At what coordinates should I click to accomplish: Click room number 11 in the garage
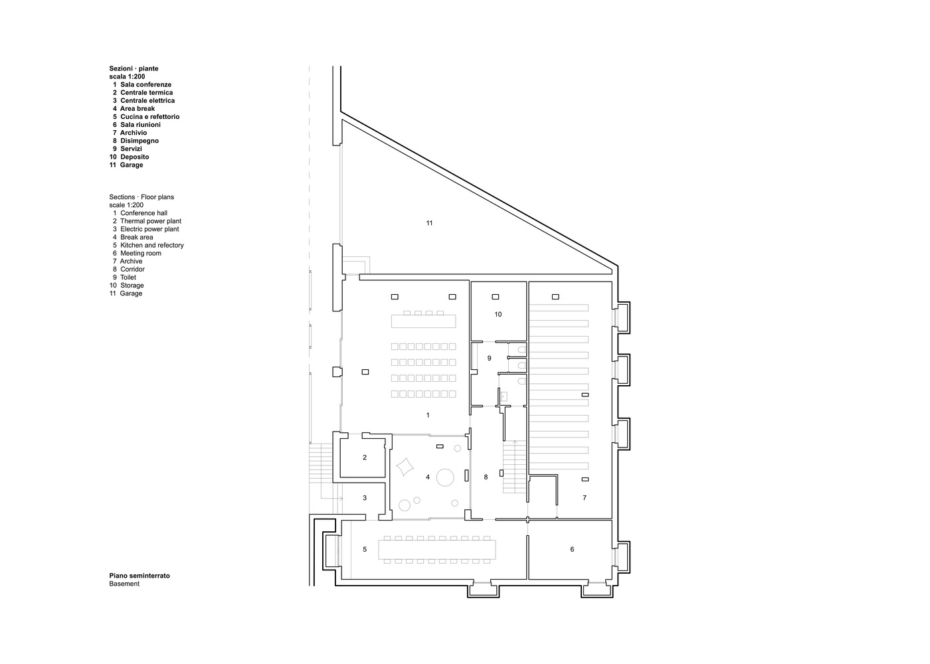pos(429,223)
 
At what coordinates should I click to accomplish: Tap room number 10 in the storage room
pos(498,314)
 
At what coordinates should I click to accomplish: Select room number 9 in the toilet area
pos(489,358)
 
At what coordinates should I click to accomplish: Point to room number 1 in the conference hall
pos(428,415)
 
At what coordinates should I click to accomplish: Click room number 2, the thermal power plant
pos(365,457)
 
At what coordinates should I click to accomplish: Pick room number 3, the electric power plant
pos(364,498)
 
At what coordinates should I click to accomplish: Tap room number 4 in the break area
pos(428,477)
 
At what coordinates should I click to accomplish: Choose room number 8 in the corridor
pos(486,477)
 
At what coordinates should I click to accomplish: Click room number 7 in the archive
pos(585,497)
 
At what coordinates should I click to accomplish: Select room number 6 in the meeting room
pos(571,549)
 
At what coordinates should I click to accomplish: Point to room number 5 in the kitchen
pos(364,549)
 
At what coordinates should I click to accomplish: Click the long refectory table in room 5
pos(437,550)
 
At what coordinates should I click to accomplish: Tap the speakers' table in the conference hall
pos(424,321)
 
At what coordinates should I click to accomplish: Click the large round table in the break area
pos(445,476)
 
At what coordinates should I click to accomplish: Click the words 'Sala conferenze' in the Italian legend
pos(145,84)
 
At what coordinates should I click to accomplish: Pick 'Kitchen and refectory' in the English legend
pos(152,245)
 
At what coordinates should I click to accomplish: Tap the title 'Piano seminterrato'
pos(139,576)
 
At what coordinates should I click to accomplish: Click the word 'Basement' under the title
pos(124,584)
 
